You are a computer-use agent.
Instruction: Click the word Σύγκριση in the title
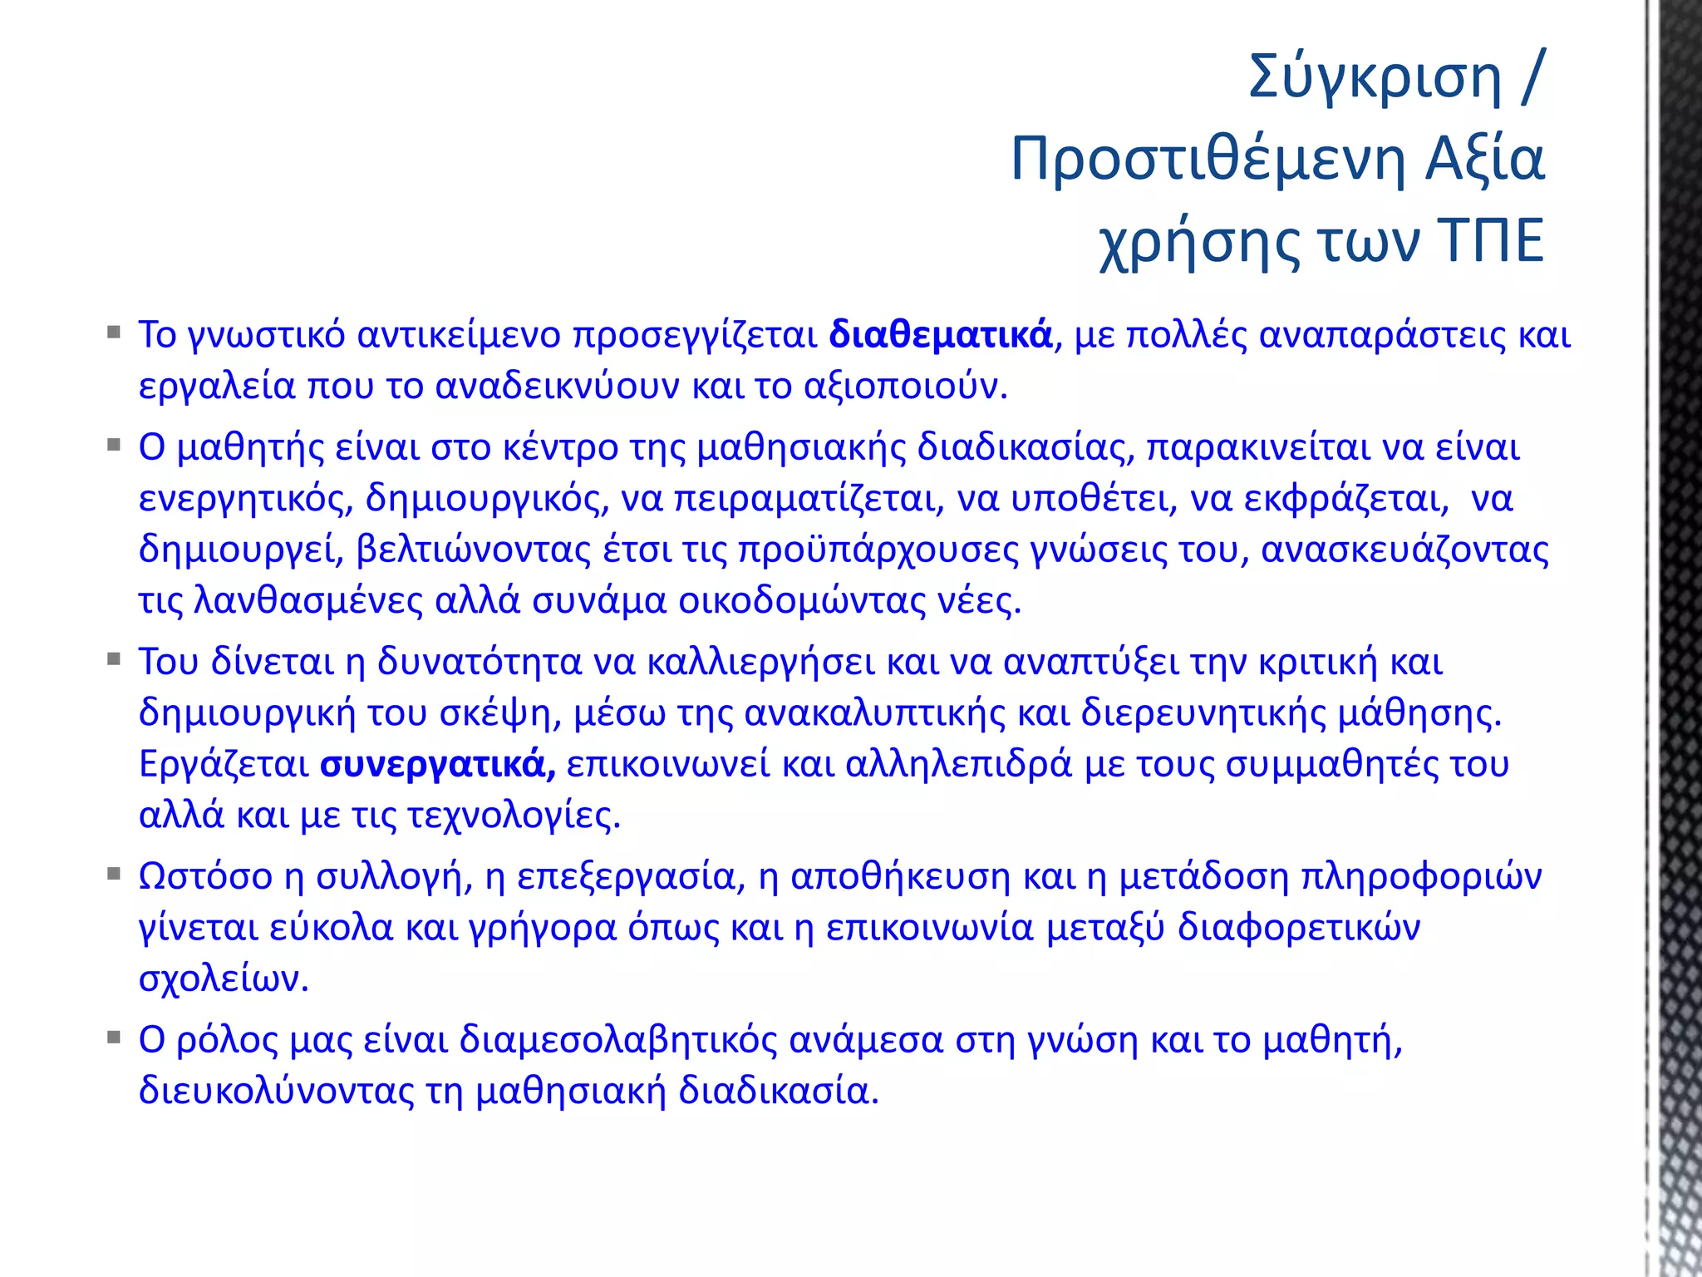point(1375,77)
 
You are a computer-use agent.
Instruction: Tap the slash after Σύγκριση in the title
point(1532,77)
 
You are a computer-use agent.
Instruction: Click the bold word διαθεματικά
point(941,335)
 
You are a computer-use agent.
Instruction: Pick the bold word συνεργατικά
point(438,764)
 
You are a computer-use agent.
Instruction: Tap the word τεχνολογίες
point(514,816)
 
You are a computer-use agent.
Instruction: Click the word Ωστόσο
point(205,876)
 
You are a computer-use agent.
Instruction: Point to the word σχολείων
point(223,979)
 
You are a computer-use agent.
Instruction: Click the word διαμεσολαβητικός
point(618,1040)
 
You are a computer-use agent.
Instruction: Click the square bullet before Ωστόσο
point(114,875)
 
